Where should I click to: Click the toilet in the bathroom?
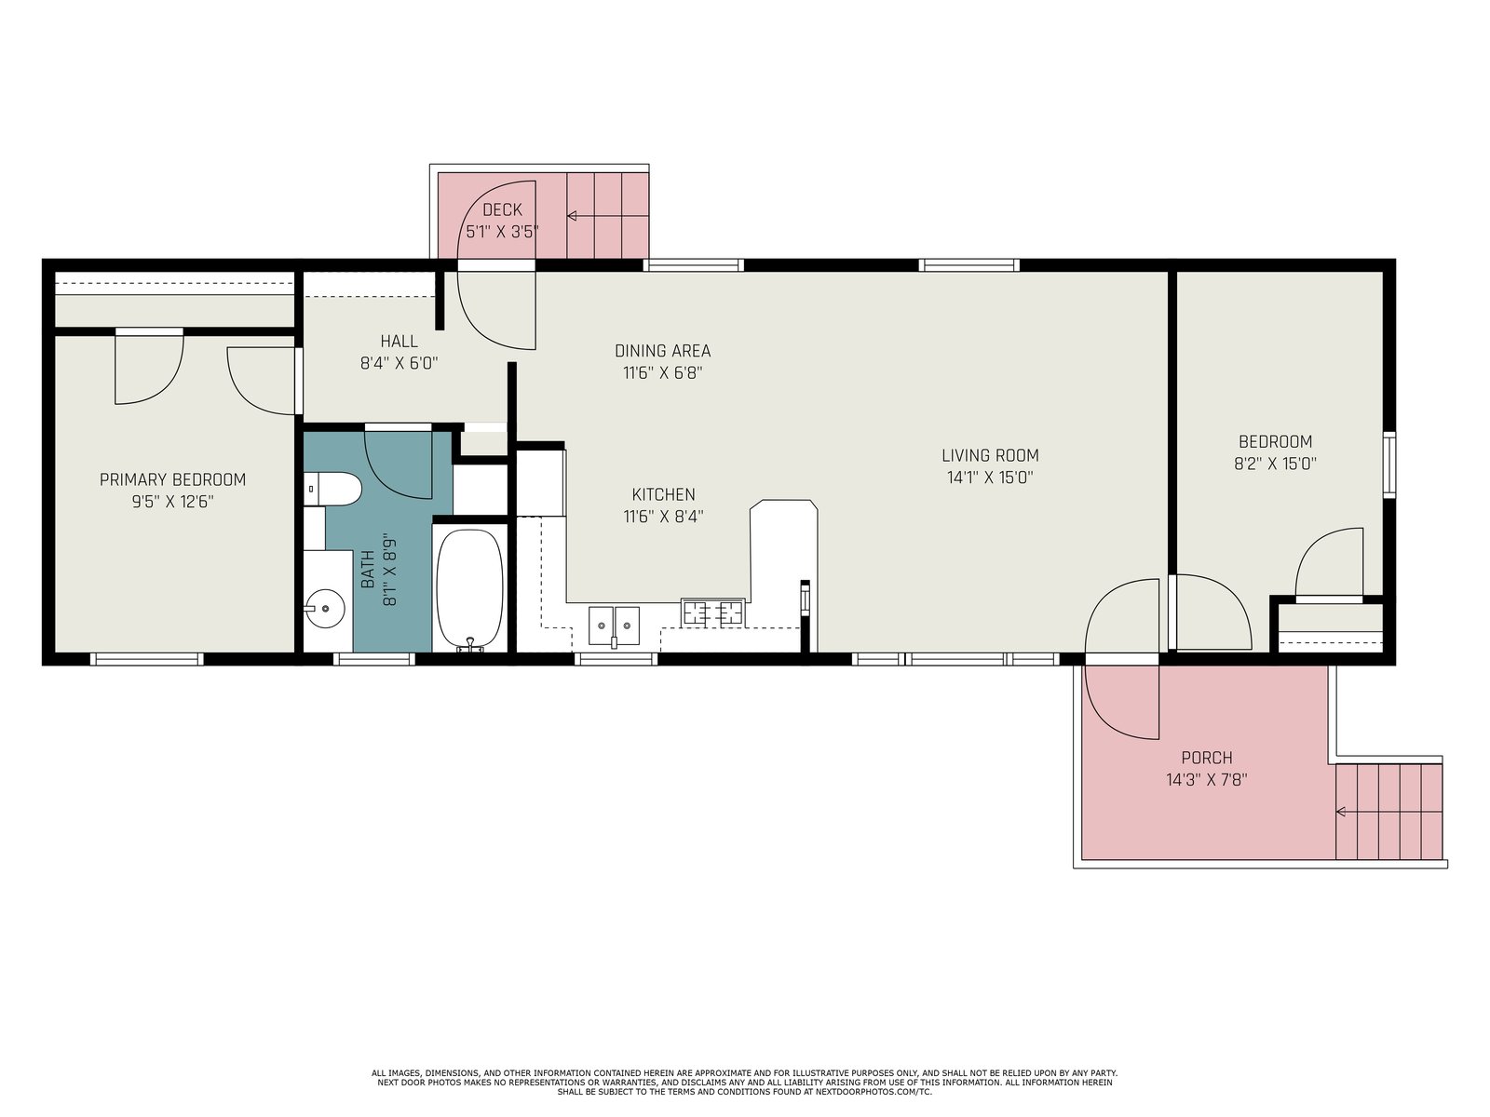[332, 489]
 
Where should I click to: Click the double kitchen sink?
[614, 626]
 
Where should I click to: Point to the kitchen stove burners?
[712, 612]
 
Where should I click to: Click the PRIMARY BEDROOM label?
[172, 480]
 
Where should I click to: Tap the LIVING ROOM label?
[990, 456]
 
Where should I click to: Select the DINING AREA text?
[662, 351]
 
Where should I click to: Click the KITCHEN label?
[663, 495]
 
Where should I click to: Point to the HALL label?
[399, 341]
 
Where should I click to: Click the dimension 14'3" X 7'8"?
[1206, 780]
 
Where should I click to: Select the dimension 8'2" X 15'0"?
[1275, 464]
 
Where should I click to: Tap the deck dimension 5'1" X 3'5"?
[502, 232]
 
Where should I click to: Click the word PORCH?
[1206, 758]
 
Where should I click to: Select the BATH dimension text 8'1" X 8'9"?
[389, 571]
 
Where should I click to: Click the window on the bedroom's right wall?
[1389, 465]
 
